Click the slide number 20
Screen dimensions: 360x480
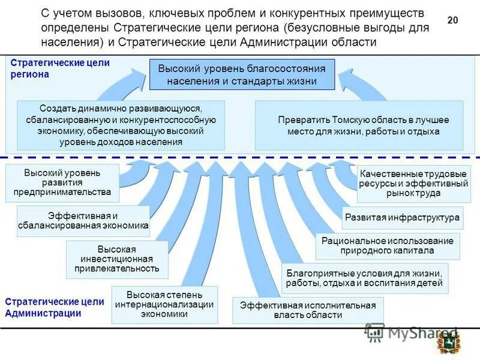452,20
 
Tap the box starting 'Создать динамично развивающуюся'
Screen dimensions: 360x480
121,125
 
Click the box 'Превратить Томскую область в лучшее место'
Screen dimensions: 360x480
359,125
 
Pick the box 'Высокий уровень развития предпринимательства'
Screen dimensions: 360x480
62,182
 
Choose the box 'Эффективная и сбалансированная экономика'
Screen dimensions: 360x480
83,220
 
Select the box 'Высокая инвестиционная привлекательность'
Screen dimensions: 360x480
117,259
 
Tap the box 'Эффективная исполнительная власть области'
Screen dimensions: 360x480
308,310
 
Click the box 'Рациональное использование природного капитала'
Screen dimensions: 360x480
388,245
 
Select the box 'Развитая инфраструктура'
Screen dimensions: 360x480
403,217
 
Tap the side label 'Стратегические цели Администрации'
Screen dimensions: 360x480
55,307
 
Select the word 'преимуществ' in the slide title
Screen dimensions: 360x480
394,13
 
